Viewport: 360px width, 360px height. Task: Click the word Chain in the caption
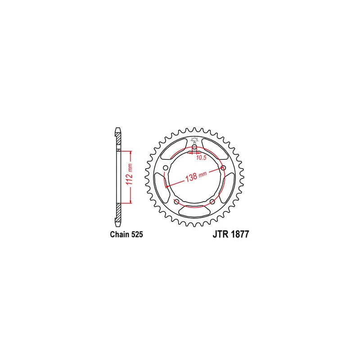click(x=120, y=234)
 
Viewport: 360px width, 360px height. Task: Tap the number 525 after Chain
click(x=137, y=234)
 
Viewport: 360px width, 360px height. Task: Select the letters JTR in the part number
click(x=221, y=234)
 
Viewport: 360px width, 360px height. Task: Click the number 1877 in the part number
click(x=240, y=234)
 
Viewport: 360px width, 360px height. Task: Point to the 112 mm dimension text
click(x=130, y=174)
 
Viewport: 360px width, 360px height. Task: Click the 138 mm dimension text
click(x=196, y=176)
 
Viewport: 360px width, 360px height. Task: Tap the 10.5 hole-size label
click(x=201, y=157)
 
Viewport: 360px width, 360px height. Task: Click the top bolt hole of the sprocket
click(x=194, y=147)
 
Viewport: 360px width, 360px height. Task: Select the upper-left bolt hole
click(x=166, y=168)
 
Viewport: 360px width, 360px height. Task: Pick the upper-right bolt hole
click(x=223, y=168)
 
